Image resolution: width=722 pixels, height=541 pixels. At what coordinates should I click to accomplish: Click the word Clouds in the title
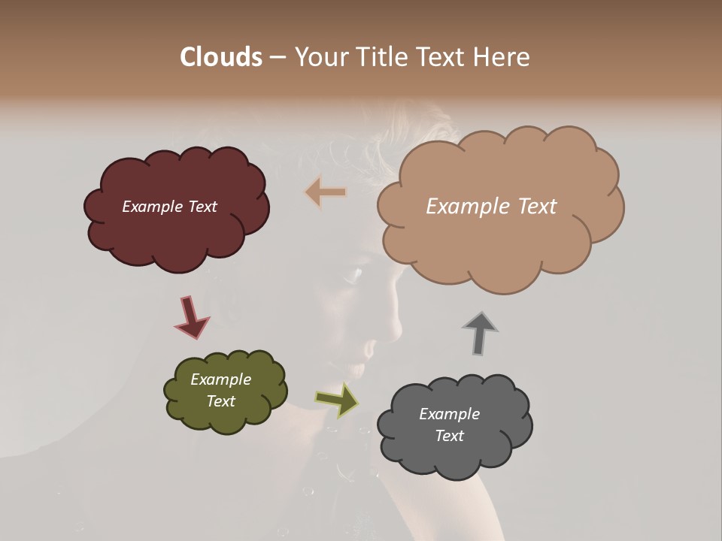point(221,57)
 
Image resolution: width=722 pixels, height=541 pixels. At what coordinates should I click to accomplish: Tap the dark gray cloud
point(454,455)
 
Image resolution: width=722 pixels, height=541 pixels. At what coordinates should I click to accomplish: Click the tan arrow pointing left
point(326,192)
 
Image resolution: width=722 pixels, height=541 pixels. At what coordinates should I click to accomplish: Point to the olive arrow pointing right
point(336,400)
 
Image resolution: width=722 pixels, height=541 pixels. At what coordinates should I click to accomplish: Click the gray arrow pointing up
point(480,333)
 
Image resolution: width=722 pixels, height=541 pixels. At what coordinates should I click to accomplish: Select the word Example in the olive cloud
point(220,379)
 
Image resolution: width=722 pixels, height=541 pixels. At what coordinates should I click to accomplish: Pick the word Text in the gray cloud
point(449,436)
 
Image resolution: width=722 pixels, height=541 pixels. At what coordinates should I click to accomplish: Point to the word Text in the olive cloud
point(220,401)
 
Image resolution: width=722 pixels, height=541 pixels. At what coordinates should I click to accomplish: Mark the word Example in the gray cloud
point(449,414)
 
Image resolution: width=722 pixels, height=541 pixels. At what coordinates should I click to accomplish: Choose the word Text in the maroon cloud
point(202,207)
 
